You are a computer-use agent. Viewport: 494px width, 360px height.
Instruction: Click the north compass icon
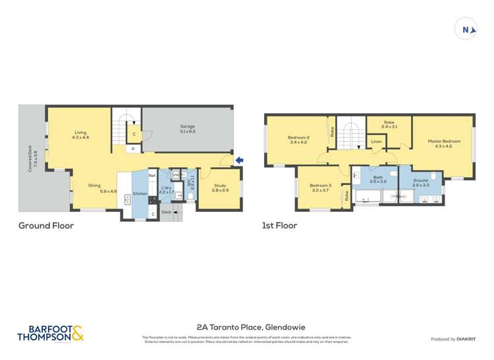tap(466, 30)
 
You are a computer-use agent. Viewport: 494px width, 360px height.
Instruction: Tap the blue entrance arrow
tap(240, 160)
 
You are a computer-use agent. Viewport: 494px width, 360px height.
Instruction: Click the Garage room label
tap(188, 129)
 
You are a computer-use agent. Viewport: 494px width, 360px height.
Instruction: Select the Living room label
tap(80, 135)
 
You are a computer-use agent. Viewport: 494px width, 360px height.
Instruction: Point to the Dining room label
tap(95, 188)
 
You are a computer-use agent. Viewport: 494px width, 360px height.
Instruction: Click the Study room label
tap(220, 188)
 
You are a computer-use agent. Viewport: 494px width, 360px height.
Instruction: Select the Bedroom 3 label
tap(320, 188)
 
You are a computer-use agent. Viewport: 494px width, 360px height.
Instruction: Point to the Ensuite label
tap(420, 182)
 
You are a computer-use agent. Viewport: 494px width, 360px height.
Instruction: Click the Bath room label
tap(377, 179)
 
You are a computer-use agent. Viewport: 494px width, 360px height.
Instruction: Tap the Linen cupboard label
tap(376, 141)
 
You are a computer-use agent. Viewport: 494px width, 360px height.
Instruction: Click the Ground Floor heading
tap(46, 225)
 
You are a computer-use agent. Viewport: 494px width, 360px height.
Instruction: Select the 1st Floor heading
tap(280, 225)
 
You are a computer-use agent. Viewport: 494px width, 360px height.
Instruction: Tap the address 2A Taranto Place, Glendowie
tap(251, 326)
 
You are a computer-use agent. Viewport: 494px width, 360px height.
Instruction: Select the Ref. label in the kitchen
tap(151, 175)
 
